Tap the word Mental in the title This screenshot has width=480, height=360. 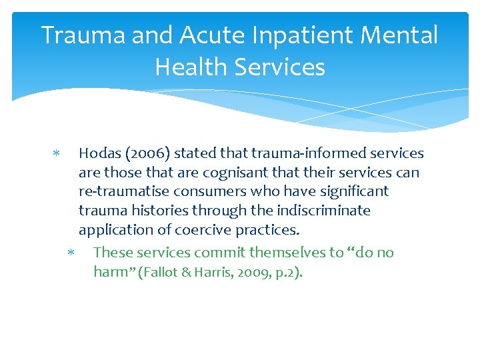(x=403, y=35)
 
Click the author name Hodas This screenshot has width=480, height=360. (x=98, y=153)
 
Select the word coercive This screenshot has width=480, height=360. (x=201, y=231)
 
